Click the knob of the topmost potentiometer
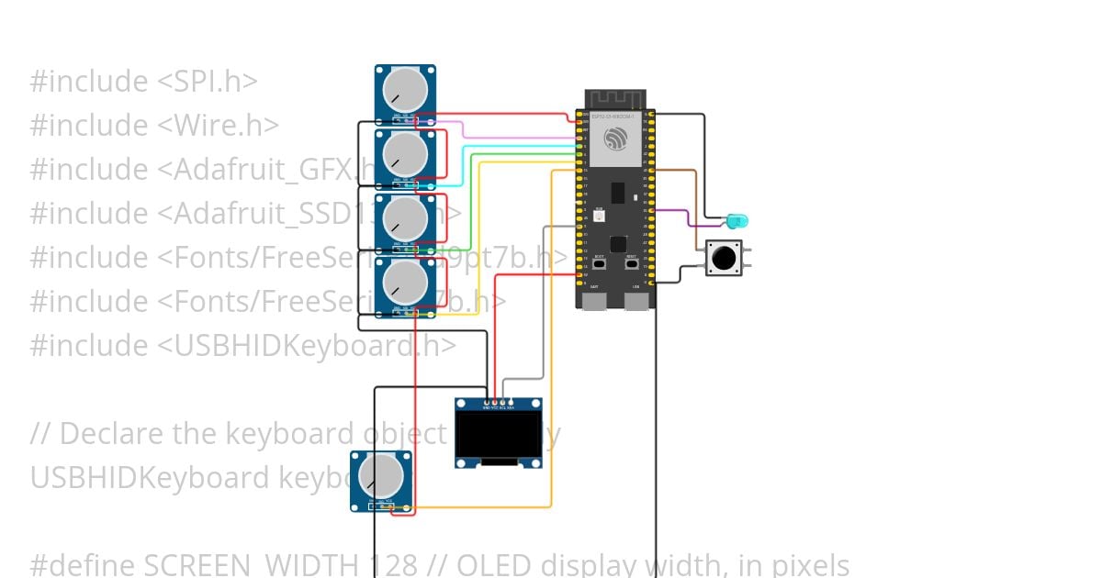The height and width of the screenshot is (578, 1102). [x=405, y=89]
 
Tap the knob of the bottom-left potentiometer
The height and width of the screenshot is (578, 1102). [x=380, y=475]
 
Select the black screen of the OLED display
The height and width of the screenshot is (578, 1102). [x=499, y=435]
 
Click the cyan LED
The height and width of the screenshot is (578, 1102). [x=737, y=221]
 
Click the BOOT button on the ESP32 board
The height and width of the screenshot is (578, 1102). [x=600, y=263]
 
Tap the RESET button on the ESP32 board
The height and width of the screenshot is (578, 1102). [x=633, y=263]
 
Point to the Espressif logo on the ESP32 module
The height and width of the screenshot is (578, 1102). [x=615, y=139]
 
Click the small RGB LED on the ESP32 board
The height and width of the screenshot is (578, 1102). [x=599, y=217]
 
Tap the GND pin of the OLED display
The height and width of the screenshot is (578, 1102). [x=486, y=402]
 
